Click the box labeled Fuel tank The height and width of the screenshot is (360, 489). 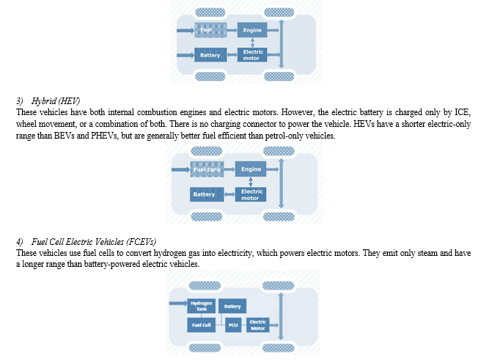click(207, 169)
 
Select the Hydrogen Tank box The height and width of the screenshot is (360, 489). click(201, 306)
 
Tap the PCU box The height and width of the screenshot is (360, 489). click(233, 325)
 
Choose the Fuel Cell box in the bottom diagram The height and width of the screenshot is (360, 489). click(201, 325)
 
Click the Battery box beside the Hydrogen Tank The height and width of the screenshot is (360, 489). click(232, 306)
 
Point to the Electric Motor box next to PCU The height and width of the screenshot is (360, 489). click(257, 325)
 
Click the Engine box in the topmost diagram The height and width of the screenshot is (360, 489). click(252, 30)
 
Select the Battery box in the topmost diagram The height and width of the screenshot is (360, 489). click(210, 55)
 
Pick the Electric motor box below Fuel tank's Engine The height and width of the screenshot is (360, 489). click(251, 194)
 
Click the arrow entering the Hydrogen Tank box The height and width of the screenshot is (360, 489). click(178, 303)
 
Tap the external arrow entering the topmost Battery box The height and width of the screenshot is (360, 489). click(185, 55)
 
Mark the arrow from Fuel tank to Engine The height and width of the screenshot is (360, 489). click(229, 169)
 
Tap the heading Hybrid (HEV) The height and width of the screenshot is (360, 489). click(56, 101)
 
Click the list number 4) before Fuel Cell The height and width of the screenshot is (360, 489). click(20, 242)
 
